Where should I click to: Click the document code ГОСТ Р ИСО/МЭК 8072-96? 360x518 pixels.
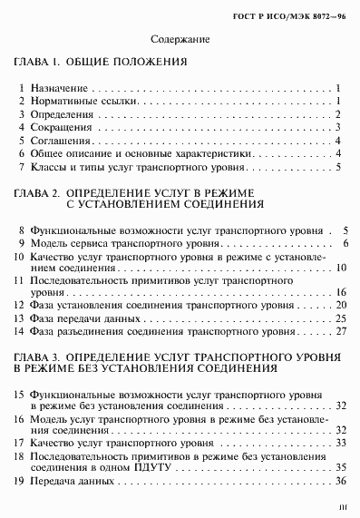coord(304,15)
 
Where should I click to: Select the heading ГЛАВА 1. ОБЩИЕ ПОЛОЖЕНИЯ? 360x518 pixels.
coord(101,64)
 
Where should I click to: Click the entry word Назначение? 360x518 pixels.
coord(59,88)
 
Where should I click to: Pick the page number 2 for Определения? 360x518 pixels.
coord(337,114)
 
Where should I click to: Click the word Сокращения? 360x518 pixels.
coord(61,128)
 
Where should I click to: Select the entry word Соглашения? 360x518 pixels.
coord(60,141)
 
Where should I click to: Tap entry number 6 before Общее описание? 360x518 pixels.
coord(22,154)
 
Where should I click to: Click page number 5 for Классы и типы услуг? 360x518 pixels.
coord(337,167)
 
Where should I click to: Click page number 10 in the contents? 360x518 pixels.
coord(341,269)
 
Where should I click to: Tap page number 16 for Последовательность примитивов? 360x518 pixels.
coord(341,294)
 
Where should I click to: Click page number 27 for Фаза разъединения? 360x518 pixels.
coord(341,331)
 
